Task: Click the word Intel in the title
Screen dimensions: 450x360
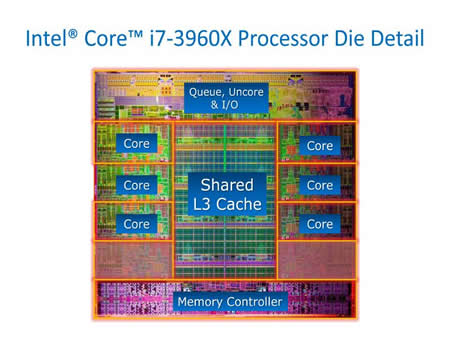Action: (47, 38)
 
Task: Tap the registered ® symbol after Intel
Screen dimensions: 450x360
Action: (73, 34)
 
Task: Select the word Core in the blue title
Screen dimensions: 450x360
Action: (106, 38)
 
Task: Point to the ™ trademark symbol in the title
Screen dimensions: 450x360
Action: (136, 34)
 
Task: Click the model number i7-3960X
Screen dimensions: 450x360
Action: (190, 38)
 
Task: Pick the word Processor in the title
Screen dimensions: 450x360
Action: (283, 38)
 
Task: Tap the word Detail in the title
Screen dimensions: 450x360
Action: (397, 38)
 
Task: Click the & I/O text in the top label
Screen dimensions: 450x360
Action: (225, 105)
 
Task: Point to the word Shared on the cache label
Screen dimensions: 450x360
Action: (227, 185)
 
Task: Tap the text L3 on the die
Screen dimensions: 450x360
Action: (202, 204)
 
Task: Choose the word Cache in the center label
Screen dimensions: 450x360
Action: (239, 204)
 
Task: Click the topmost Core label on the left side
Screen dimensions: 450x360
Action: (137, 144)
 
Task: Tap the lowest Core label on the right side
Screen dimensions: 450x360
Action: (320, 224)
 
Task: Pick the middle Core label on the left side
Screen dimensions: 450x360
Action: (137, 185)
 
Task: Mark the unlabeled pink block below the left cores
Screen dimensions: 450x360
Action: (134, 260)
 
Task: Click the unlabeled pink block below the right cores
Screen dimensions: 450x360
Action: (317, 260)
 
